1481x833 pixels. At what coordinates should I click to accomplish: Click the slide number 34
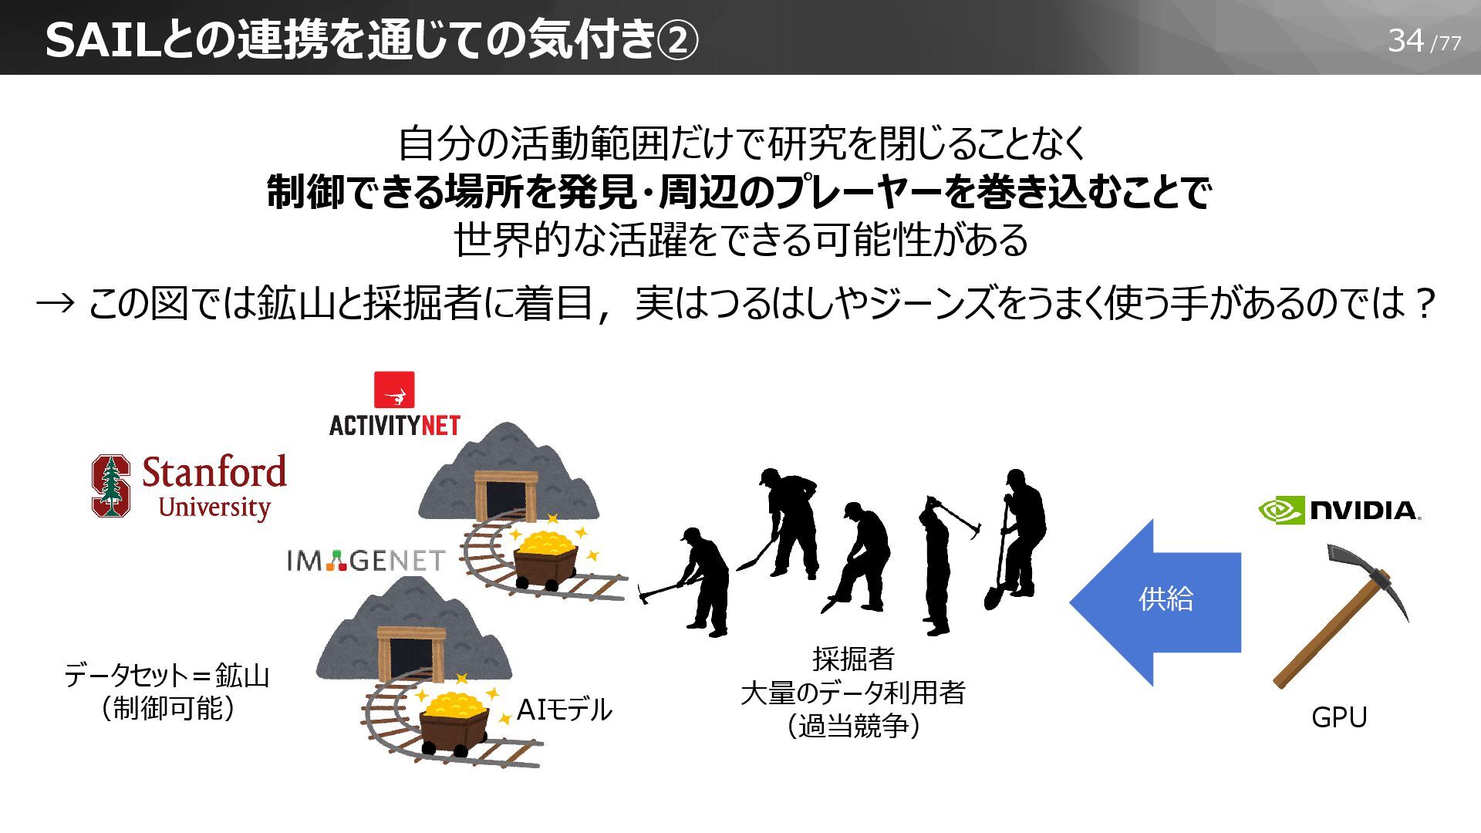pos(1405,40)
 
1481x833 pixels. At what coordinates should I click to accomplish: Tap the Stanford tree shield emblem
pos(110,485)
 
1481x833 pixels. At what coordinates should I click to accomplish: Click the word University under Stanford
pos(214,508)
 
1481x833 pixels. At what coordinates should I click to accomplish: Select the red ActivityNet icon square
pos(394,390)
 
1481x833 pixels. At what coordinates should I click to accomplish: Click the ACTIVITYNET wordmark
pos(394,425)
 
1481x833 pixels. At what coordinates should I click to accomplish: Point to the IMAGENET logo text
pos(366,561)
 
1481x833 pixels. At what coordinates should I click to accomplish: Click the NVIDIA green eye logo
pos(1281,510)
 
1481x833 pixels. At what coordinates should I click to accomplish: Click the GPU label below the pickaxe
pos(1339,717)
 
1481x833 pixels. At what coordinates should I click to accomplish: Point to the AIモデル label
pos(564,710)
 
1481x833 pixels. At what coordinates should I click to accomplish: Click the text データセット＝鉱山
pos(167,676)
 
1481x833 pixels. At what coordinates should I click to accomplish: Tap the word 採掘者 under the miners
pos(853,659)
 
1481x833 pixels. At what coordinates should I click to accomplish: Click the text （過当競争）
pos(853,727)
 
